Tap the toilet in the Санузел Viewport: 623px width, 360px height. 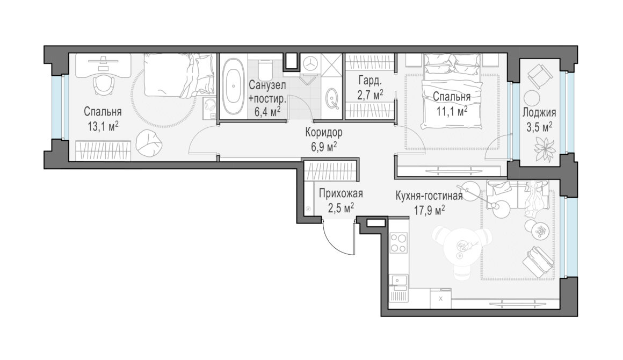click(264, 69)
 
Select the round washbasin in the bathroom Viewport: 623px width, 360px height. click(332, 98)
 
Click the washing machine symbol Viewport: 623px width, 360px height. click(310, 63)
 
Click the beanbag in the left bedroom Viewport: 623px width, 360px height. click(149, 142)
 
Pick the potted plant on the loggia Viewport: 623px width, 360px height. click(545, 149)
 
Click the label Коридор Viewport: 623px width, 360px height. click(324, 132)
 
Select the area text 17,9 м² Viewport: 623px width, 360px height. click(430, 210)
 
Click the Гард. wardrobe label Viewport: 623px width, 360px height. click(370, 81)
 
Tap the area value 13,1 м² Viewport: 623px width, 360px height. click(103, 126)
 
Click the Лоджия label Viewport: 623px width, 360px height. click(539, 112)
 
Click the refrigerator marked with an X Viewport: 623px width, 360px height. click(440, 299)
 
